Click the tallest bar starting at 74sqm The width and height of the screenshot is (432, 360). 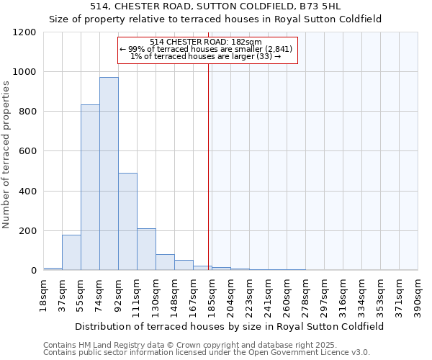coord(109,174)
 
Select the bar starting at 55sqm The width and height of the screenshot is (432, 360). coord(90,187)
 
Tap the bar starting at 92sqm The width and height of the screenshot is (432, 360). coord(127,222)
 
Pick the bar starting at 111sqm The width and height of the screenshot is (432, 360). coord(146,249)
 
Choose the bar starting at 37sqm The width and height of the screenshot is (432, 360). coord(71,253)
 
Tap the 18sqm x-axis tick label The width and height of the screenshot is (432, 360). coord(43,294)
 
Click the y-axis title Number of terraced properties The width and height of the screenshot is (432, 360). coord(8,155)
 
